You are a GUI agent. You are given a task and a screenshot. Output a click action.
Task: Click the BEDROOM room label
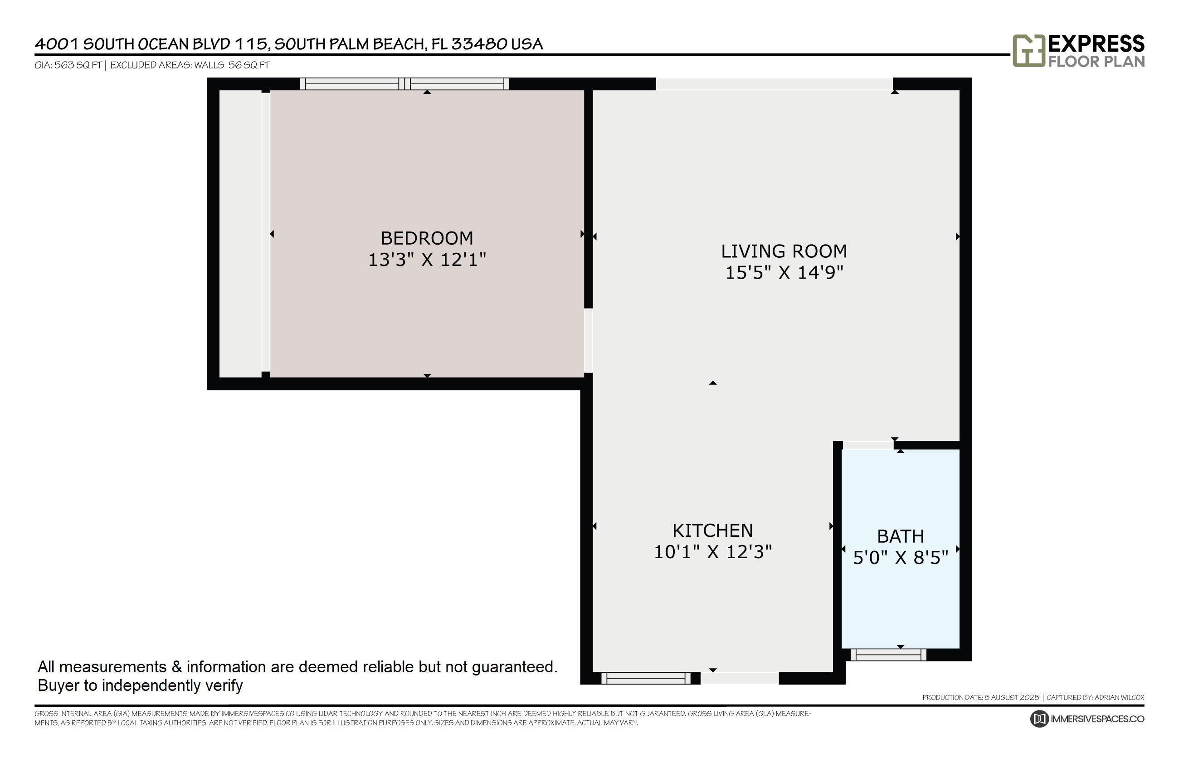426,238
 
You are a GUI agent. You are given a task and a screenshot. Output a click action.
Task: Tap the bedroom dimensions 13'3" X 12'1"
426,260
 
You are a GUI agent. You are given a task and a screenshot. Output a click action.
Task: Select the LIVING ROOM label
784,251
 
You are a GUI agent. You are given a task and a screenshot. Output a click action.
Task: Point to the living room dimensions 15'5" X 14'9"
784,273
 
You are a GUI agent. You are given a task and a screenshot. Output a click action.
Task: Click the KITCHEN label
712,531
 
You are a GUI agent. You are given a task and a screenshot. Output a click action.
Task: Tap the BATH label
900,536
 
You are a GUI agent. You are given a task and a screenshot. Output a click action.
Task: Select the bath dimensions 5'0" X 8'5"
900,558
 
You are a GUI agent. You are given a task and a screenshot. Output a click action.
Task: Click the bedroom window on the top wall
404,84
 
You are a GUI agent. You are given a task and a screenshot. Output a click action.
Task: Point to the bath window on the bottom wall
888,655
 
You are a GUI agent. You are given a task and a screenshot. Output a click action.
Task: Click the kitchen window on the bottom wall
645,678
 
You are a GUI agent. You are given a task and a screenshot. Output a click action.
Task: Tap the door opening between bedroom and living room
588,340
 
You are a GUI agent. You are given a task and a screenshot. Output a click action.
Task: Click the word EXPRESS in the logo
1096,44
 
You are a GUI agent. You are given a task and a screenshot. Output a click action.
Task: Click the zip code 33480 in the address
479,44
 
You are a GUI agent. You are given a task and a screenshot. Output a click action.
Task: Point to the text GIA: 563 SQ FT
68,65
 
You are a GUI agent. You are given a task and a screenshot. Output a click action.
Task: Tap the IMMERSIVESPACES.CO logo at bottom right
1087,719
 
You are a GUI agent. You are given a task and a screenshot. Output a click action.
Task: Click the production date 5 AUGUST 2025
1011,697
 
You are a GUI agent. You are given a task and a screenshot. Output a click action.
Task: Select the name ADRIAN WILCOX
1119,697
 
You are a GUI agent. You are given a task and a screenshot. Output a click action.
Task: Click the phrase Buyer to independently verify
140,685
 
